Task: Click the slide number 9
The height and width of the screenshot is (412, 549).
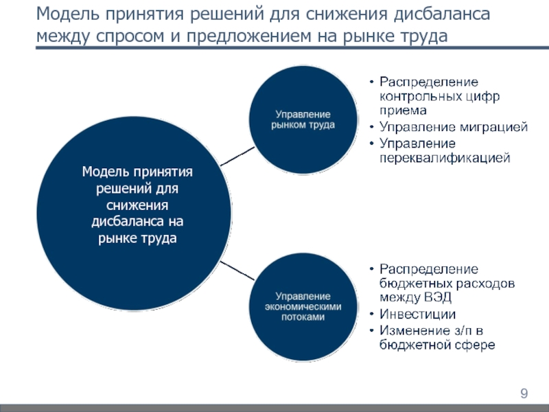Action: click(524, 393)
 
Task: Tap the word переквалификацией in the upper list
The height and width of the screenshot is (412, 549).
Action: click(444, 158)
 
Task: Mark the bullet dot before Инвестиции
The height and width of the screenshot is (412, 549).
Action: click(369, 314)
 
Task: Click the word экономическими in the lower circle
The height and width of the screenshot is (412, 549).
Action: click(303, 307)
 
